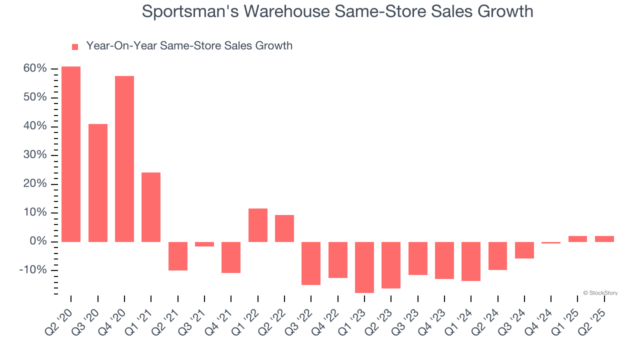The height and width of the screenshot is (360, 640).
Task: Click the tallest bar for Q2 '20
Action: point(71,154)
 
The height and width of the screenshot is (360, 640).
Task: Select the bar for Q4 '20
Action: point(124,159)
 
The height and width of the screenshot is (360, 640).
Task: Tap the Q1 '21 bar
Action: point(151,207)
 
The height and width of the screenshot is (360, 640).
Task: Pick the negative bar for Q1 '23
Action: point(364,267)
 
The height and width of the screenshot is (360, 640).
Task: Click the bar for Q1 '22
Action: point(258,225)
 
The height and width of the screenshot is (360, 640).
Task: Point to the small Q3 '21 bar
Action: point(204,244)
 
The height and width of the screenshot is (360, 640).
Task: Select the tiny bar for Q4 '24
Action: point(551,242)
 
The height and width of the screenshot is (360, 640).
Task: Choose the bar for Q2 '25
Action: point(604,239)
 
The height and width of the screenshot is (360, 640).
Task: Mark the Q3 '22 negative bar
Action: point(311,263)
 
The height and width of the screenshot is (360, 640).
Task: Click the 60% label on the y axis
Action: point(35,68)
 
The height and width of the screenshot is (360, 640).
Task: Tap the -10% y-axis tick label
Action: point(33,270)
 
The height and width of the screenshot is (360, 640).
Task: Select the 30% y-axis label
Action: point(35,155)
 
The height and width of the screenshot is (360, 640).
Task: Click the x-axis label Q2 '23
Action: point(379,321)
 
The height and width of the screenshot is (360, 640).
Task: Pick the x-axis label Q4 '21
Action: point(219,321)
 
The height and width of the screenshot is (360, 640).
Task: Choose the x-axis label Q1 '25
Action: point(565,321)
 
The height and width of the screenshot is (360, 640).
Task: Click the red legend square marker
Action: point(75,47)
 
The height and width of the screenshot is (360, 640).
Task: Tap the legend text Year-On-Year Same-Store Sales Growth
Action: point(189,46)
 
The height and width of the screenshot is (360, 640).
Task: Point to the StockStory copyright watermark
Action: point(600,293)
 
